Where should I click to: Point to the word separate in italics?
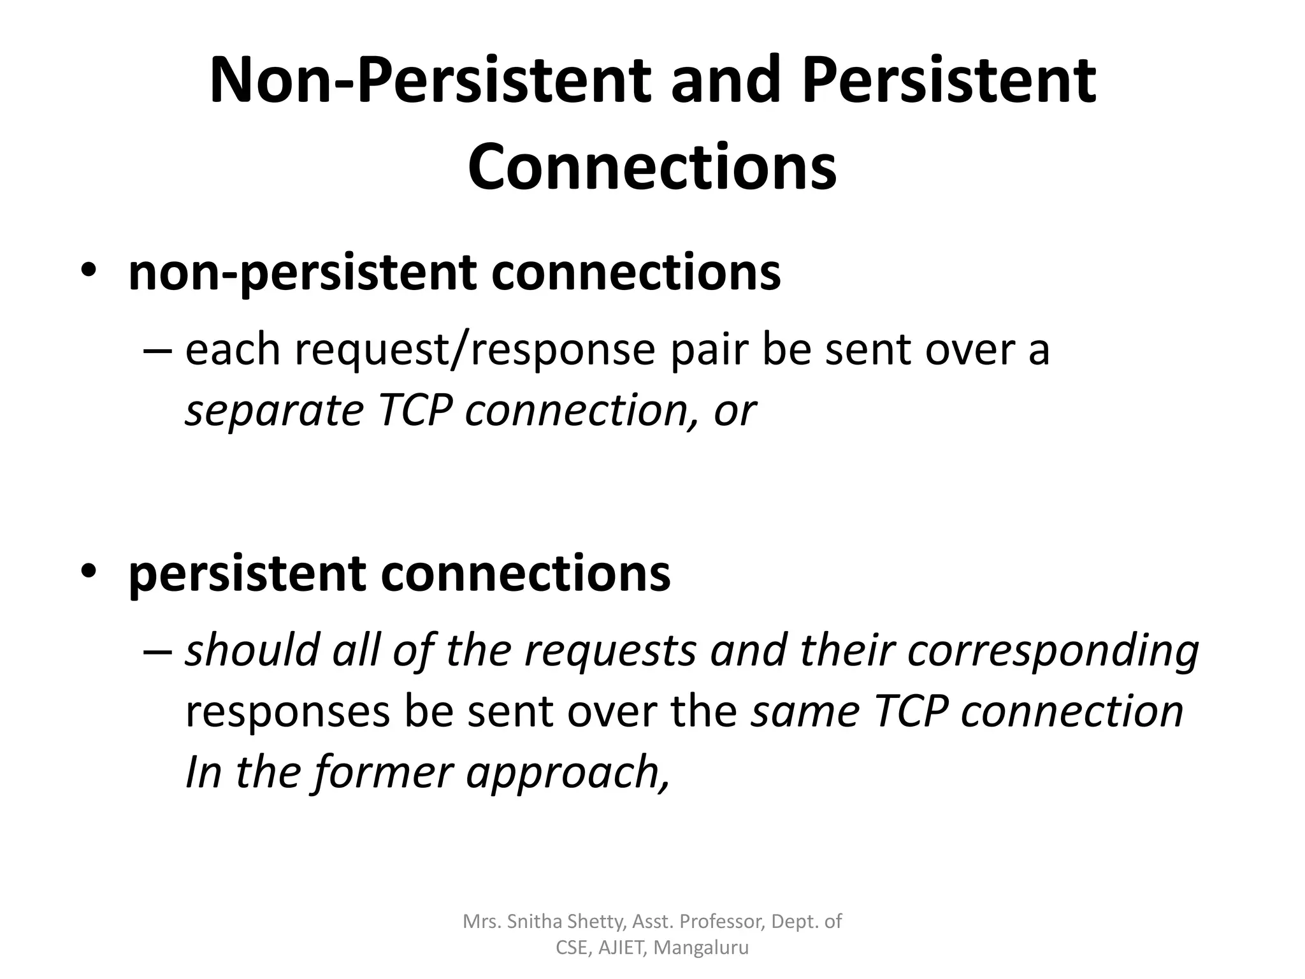point(274,411)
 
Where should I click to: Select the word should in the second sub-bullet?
point(252,651)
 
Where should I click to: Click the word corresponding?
point(1053,651)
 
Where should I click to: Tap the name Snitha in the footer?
point(535,922)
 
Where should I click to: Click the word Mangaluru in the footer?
point(701,948)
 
